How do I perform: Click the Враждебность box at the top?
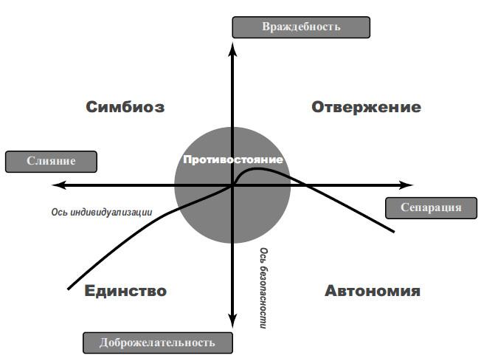(x=301, y=27)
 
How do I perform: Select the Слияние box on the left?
(x=51, y=162)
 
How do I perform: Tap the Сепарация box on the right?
(x=431, y=207)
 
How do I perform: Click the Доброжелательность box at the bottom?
(x=158, y=343)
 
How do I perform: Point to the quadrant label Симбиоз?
(x=125, y=107)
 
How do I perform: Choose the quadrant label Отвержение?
(x=366, y=107)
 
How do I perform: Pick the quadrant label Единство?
(x=125, y=290)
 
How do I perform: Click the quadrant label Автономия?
(x=373, y=290)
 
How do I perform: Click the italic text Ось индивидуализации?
(x=102, y=212)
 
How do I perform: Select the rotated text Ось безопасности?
(x=263, y=288)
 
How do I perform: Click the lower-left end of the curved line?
(x=68, y=288)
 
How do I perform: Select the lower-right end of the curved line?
(x=395, y=233)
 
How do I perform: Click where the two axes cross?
(x=233, y=185)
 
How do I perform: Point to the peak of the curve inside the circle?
(x=258, y=169)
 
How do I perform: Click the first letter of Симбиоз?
(x=92, y=107)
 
